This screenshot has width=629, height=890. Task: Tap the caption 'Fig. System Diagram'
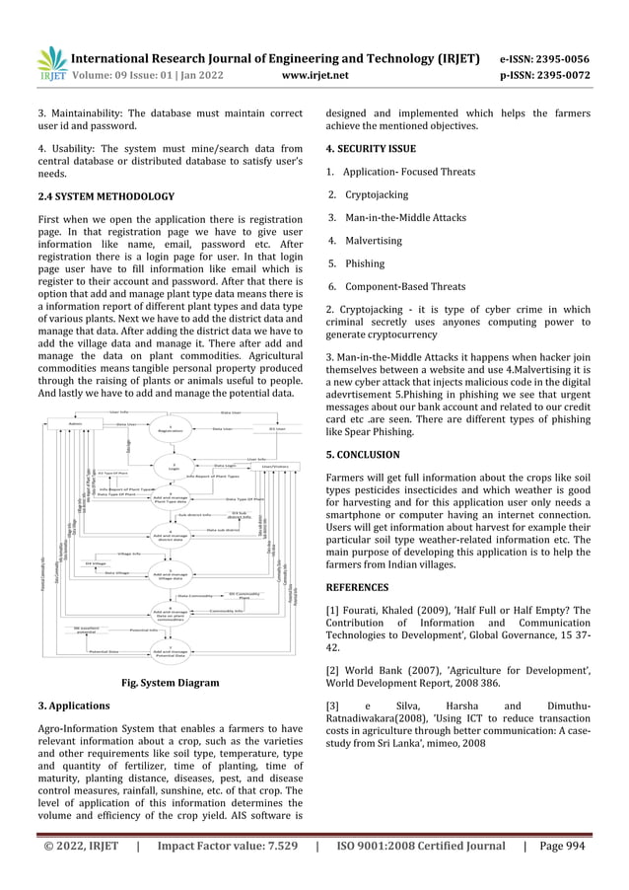coord(170,682)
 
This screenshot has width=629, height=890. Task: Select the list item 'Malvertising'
coord(375,240)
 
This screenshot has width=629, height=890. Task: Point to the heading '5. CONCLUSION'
coord(363,455)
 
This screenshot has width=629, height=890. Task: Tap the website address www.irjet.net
coord(314,72)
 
